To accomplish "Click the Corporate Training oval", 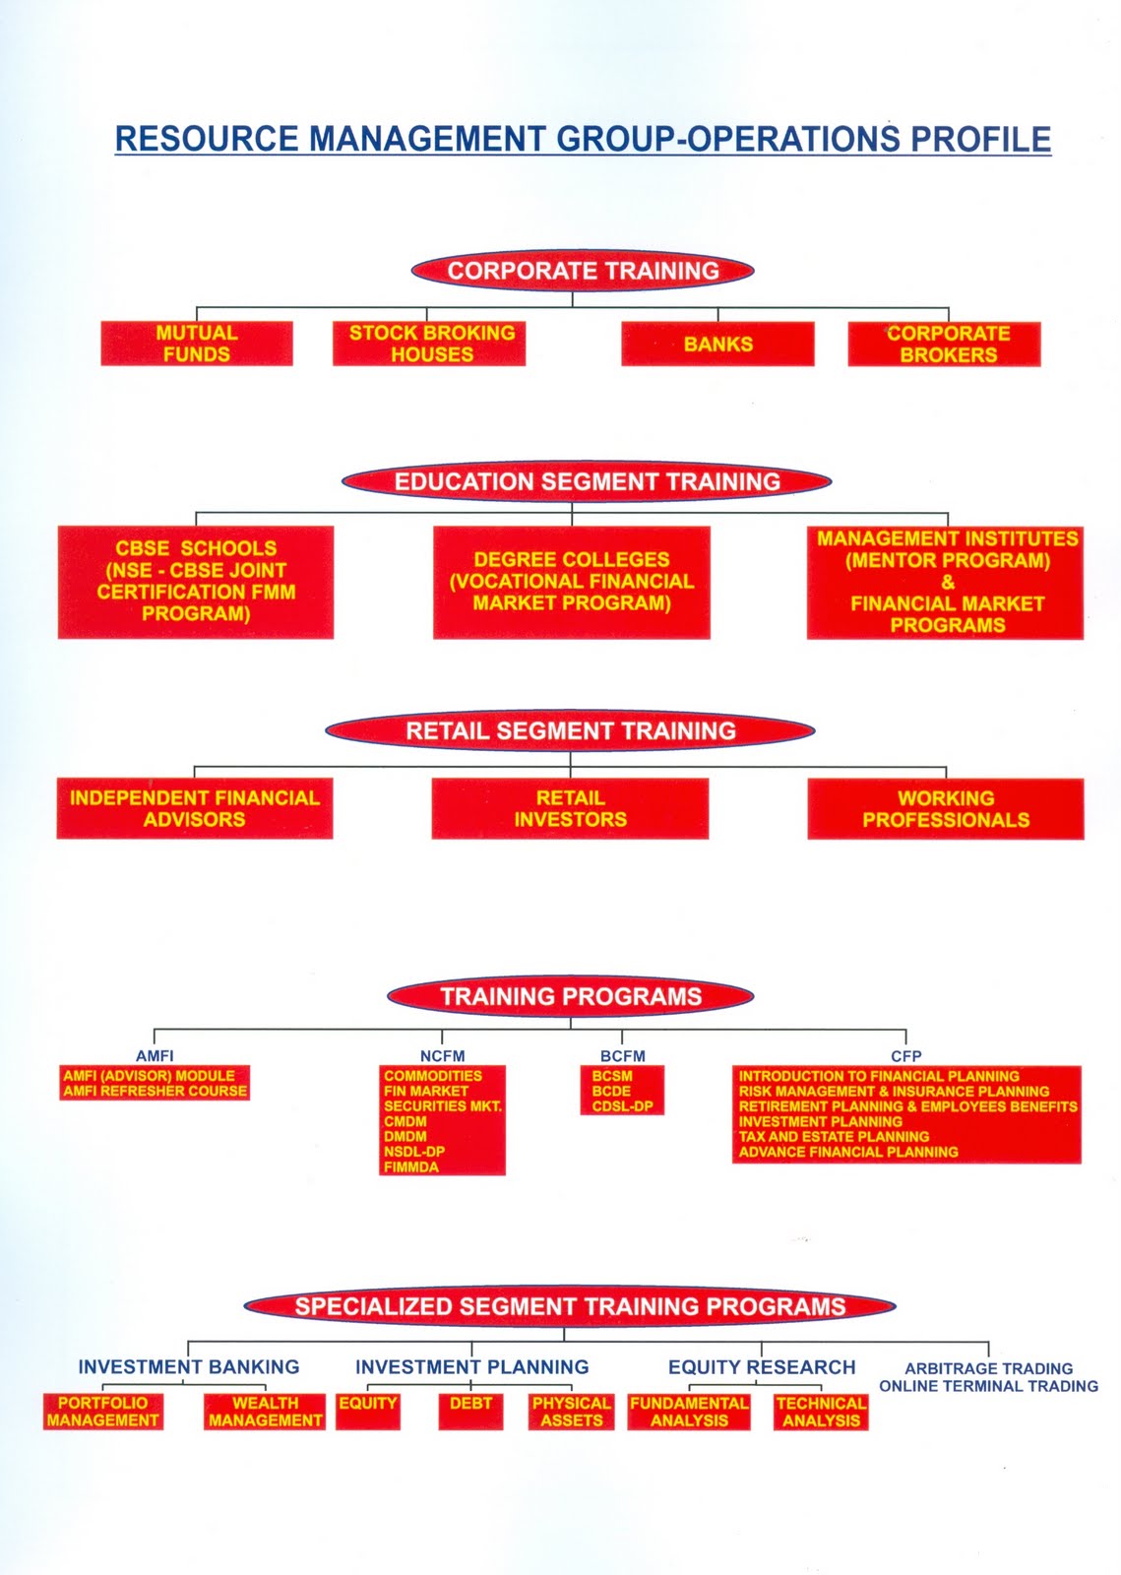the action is click(x=583, y=271).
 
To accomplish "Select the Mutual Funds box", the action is click(x=197, y=344).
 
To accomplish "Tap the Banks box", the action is click(x=717, y=345).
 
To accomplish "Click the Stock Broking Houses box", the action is click(x=429, y=344).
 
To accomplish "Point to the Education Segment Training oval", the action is click(x=587, y=481).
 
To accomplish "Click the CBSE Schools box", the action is click(x=196, y=582).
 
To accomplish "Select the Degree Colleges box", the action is click(x=571, y=582).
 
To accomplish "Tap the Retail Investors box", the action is click(x=570, y=808).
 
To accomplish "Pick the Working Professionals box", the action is click(x=945, y=809).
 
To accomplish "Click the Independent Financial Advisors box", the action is click(x=195, y=808).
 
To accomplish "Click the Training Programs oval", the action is click(x=571, y=996).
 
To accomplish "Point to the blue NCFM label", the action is click(x=443, y=1056).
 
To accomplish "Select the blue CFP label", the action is click(x=905, y=1056).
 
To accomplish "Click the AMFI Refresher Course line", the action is click(x=155, y=1092).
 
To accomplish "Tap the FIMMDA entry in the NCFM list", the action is click(x=411, y=1166).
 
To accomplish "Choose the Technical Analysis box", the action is click(x=821, y=1412).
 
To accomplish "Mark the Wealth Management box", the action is click(x=265, y=1412).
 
